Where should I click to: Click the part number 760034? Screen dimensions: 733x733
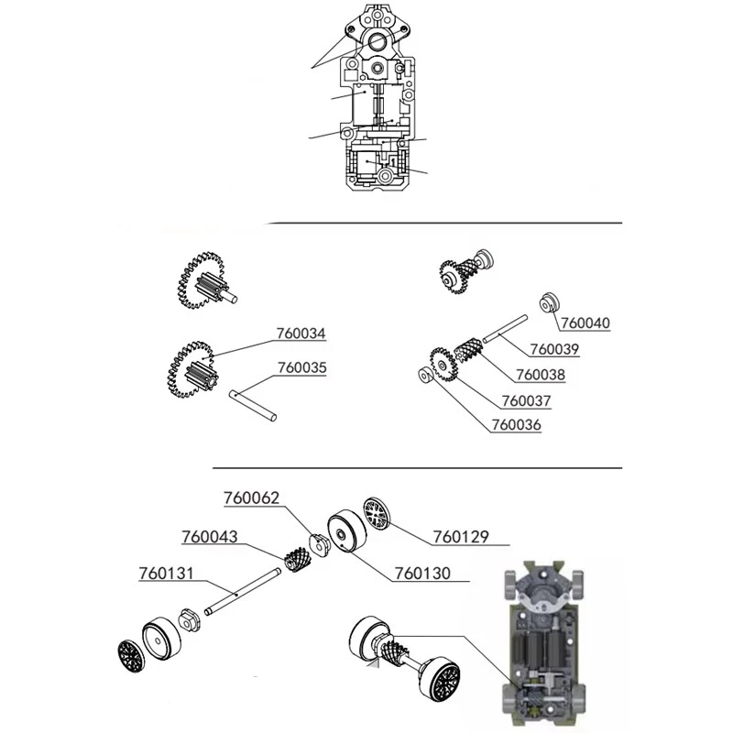(301, 334)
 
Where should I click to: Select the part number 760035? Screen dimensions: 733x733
(302, 368)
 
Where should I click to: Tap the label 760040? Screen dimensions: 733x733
(585, 323)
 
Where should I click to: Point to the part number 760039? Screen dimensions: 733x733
(554, 349)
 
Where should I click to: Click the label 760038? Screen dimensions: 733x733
(541, 375)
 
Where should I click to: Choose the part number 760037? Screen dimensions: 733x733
(526, 401)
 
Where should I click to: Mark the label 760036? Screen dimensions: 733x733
(516, 425)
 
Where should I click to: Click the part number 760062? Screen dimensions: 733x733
(251, 498)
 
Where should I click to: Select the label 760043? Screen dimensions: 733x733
(210, 537)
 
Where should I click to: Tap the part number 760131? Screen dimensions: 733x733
(167, 574)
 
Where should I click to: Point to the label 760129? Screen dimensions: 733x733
(461, 537)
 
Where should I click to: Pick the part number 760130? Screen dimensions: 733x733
(422, 574)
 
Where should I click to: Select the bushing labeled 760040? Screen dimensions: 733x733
(550, 302)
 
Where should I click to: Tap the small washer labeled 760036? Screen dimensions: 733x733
(425, 376)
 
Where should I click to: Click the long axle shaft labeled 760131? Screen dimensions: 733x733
(243, 591)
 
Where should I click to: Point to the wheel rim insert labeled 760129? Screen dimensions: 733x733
(377, 514)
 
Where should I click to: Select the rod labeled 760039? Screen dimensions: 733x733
(505, 329)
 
